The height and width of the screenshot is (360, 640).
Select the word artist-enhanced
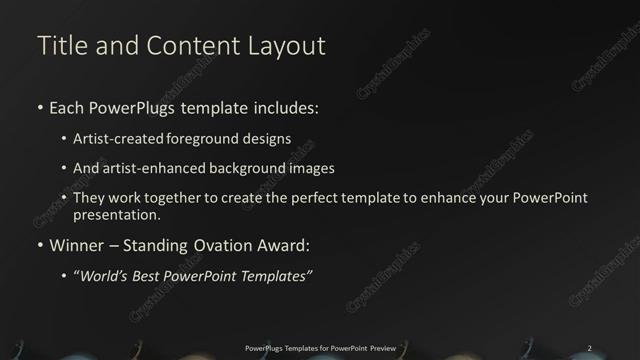coord(151,168)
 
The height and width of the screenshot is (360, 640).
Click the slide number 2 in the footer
coord(589,347)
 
